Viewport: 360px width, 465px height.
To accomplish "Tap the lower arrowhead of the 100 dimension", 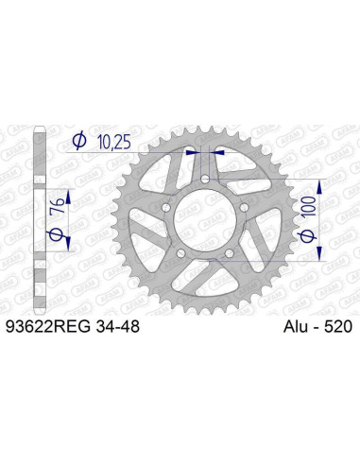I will pos(318,257).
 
